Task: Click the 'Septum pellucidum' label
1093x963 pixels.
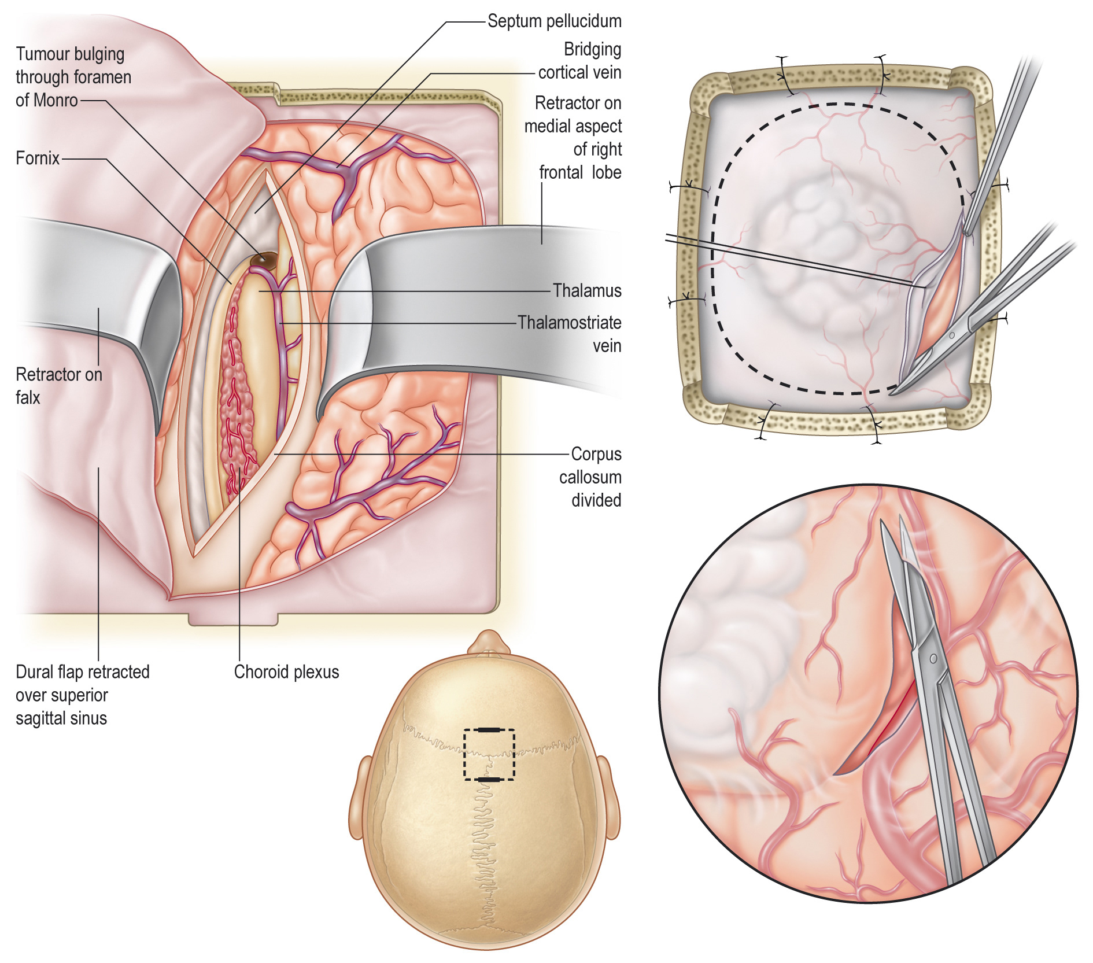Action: point(554,21)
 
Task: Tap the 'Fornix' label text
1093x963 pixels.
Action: point(38,158)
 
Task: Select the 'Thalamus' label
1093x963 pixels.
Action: point(586,290)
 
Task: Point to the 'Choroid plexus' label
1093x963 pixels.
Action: point(286,672)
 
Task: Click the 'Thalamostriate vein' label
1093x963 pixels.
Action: point(570,334)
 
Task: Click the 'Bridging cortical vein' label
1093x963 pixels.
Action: point(580,61)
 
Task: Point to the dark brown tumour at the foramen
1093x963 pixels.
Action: point(263,260)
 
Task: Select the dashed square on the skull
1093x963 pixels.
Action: point(489,755)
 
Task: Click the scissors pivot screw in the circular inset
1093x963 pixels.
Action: point(933,659)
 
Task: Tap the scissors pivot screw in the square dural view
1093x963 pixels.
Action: point(952,335)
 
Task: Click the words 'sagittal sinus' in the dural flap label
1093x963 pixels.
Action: point(61,718)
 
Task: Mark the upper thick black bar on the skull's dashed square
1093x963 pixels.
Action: point(489,730)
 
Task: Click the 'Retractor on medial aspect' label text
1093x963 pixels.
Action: point(573,115)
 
